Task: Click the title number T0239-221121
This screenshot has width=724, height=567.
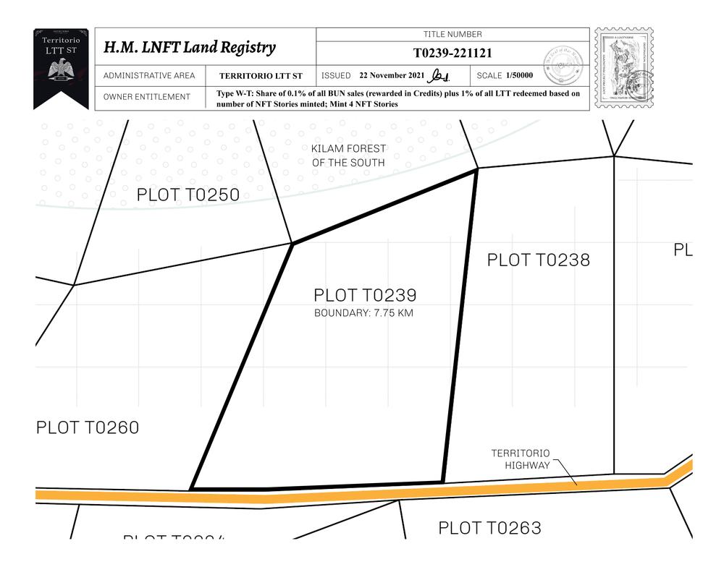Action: point(452,53)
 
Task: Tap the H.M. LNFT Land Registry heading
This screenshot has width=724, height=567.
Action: point(190,48)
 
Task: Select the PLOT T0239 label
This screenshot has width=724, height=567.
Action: point(365,296)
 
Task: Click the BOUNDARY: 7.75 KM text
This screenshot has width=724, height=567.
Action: point(363,313)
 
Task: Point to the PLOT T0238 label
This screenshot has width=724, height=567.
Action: point(538,260)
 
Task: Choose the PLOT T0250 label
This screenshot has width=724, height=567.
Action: point(188,195)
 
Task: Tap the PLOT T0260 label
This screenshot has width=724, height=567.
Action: point(88,427)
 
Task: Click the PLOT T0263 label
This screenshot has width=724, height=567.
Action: point(489,528)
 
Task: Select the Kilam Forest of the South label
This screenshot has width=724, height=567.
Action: point(348,155)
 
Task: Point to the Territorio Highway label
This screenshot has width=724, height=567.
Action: point(521,459)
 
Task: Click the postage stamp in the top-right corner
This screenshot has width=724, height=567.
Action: point(623,69)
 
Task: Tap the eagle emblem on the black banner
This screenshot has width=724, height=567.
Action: point(61,69)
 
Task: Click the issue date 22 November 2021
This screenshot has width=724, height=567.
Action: point(392,76)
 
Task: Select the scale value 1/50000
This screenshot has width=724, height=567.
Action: point(520,76)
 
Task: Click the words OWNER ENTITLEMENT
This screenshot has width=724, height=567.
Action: point(147,97)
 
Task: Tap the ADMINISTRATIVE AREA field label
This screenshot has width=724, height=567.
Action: point(149,76)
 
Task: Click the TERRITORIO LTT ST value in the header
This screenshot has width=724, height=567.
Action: point(261,76)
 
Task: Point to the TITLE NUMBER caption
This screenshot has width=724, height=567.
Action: point(452,35)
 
